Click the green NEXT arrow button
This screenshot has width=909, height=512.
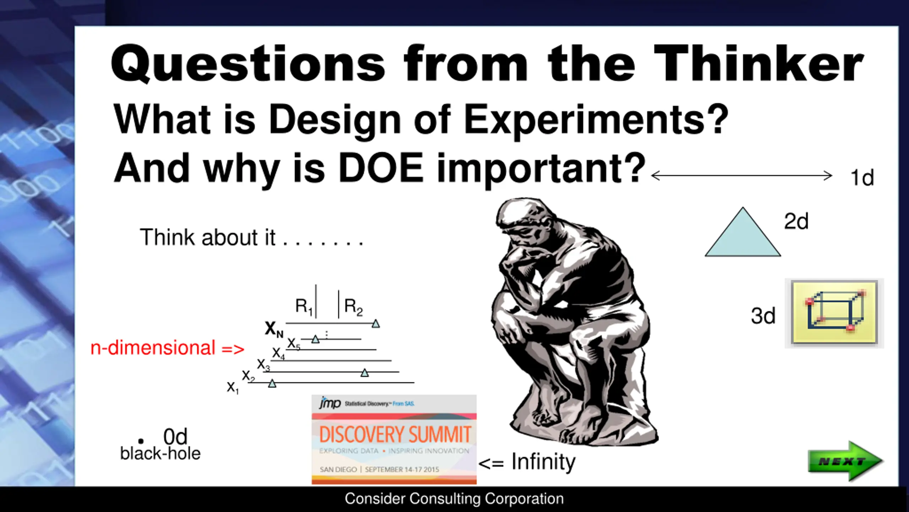pyautogui.click(x=845, y=461)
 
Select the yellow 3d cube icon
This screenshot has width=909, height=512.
pyautogui.click(x=834, y=313)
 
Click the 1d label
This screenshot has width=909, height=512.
pyautogui.click(x=862, y=177)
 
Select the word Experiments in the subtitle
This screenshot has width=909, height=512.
pyautogui.click(x=597, y=120)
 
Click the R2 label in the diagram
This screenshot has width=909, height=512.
pyautogui.click(x=353, y=307)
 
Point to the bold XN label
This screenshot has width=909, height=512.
pyautogui.click(x=274, y=329)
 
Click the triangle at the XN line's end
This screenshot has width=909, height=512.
pyautogui.click(x=376, y=324)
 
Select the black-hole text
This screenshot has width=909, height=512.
pyautogui.click(x=160, y=453)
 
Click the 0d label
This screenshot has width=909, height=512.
pyautogui.click(x=175, y=436)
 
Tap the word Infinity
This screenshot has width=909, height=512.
pyautogui.click(x=543, y=462)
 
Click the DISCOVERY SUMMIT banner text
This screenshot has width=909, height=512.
pyautogui.click(x=395, y=434)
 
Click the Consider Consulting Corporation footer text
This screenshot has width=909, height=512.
pyautogui.click(x=454, y=499)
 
